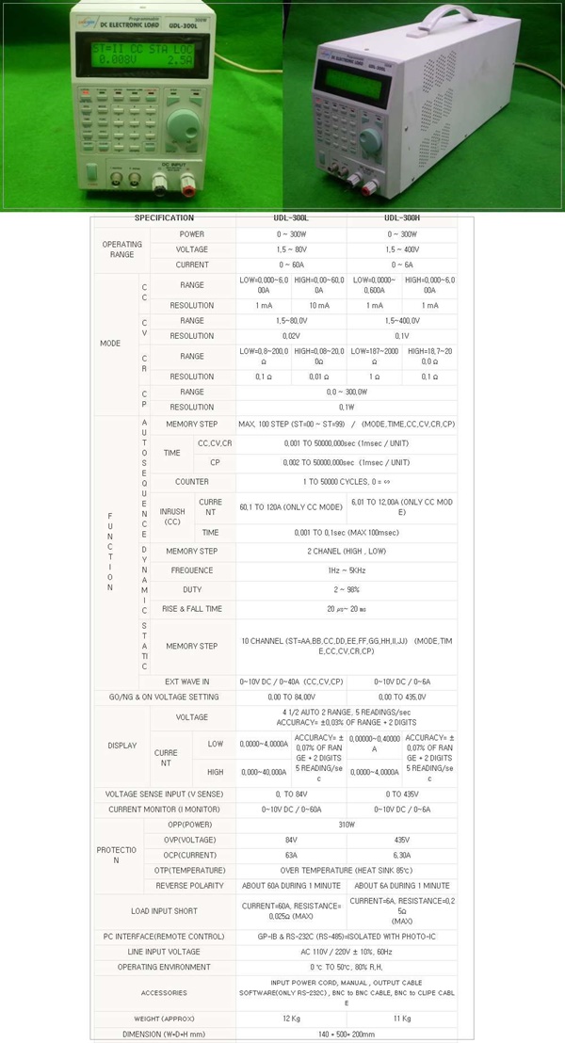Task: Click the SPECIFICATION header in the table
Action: point(164,218)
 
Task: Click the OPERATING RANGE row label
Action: point(121,249)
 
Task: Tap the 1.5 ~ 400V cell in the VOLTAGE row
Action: point(402,249)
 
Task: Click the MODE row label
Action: point(110,344)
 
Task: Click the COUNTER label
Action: point(192,482)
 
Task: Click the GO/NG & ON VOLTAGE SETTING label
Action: point(164,698)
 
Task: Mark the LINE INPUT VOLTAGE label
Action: point(164,952)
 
